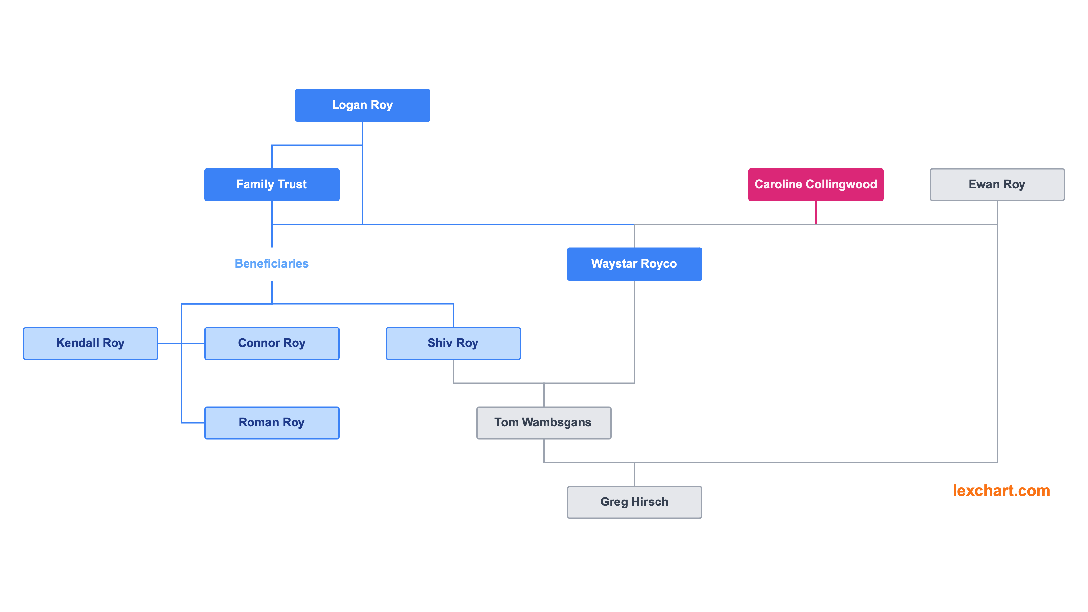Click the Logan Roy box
pos(362,105)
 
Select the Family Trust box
pos(272,185)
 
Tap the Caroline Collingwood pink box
pos(816,185)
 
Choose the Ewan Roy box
pos(997,185)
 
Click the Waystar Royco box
pos(634,264)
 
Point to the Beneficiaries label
pos(272,264)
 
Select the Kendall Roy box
pos(90,343)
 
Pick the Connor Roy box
pos(272,343)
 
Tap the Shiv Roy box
pos(453,343)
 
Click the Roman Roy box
pos(272,423)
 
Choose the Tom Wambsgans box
pos(544,423)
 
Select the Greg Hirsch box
pos(634,502)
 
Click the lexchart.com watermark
pos(1001,491)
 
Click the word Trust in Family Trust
pos(292,185)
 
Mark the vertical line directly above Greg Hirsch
pos(634,475)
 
